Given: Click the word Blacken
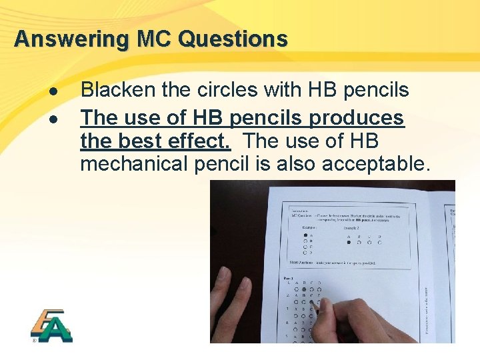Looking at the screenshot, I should [117, 90].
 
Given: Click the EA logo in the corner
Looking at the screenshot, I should [51, 326].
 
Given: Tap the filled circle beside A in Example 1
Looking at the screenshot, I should [305, 235].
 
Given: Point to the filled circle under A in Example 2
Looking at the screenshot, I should [348, 243].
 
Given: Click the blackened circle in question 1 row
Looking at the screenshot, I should [304, 290].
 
